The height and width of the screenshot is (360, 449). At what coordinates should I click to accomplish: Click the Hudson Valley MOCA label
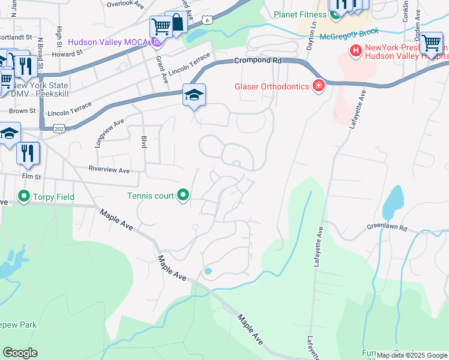107,42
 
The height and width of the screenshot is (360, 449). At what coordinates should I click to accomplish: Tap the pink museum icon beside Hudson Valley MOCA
157,41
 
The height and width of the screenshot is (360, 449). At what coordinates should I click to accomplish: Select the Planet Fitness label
300,14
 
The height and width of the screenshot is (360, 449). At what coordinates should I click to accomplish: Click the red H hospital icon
355,51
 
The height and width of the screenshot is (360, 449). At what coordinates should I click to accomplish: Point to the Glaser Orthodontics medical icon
318,86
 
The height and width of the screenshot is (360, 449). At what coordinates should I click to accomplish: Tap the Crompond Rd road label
258,61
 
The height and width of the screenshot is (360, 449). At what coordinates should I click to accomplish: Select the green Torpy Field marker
24,196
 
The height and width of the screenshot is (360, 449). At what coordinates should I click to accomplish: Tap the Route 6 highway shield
206,20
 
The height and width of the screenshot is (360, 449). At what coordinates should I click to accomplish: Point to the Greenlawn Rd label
387,229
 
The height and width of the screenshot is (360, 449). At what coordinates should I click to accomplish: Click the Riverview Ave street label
109,170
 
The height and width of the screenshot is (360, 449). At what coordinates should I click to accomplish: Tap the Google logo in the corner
20,353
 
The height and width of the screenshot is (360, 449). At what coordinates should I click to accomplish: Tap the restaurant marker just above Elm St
28,152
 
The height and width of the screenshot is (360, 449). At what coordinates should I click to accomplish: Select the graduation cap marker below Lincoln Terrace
194,95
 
